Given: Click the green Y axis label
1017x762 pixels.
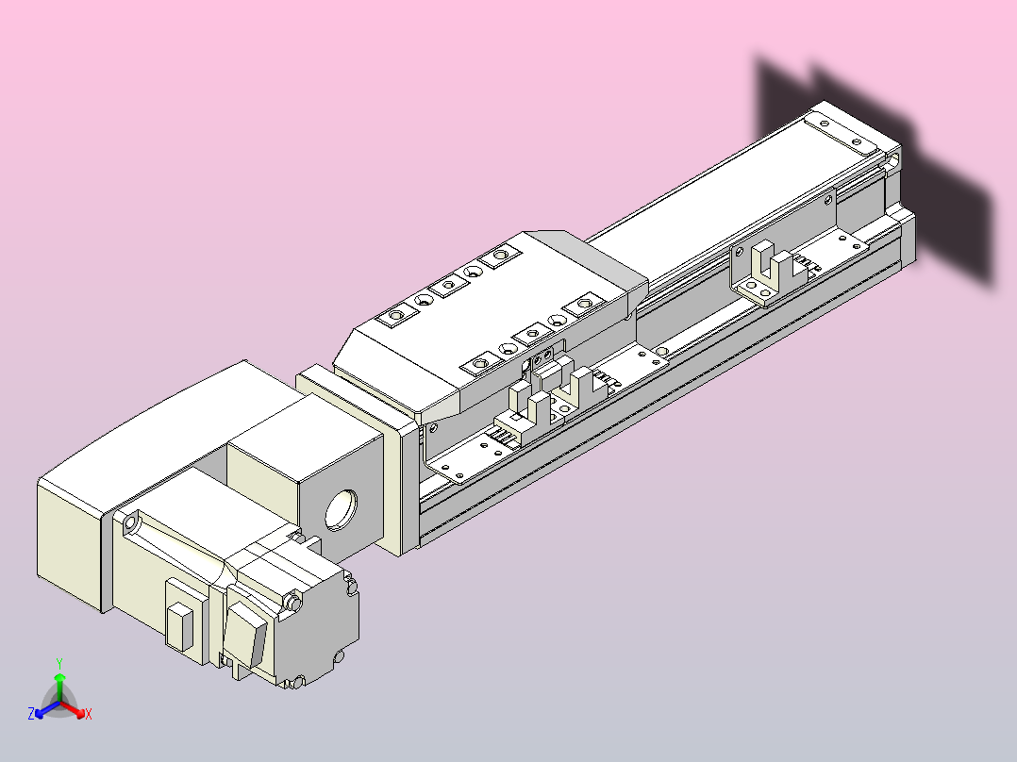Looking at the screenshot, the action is point(59,663).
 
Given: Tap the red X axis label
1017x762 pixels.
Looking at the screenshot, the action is point(89,714).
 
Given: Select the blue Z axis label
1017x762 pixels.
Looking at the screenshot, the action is point(31,714).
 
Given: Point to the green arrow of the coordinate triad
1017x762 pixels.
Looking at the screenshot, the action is point(59,687).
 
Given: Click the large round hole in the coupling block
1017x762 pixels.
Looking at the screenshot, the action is point(342,510).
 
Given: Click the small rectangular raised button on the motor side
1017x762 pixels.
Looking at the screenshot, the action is point(180,626).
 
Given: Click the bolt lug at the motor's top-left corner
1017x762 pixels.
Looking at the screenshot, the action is point(130,522).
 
